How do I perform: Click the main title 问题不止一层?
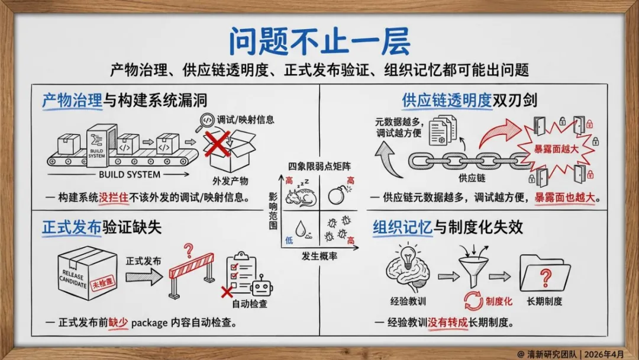pyautogui.click(x=319, y=41)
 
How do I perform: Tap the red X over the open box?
pyautogui.click(x=218, y=144)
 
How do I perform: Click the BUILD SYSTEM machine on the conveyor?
pyautogui.click(x=102, y=142)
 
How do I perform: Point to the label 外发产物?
pyautogui.click(x=230, y=181)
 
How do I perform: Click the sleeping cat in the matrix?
pyautogui.click(x=298, y=196)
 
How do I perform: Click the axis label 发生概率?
pyautogui.click(x=319, y=256)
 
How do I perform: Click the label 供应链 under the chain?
pyautogui.click(x=472, y=177)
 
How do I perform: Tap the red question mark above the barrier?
pyautogui.click(x=189, y=249)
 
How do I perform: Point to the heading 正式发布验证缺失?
pyautogui.click(x=102, y=227)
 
